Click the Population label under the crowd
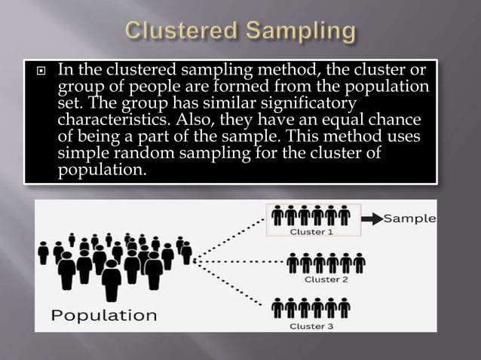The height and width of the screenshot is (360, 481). click(x=104, y=314)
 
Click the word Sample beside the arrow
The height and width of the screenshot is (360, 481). click(x=410, y=218)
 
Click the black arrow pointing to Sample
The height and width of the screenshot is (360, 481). click(x=372, y=219)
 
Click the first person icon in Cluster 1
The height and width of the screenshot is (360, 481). click(x=277, y=215)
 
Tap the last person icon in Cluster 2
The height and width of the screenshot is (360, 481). click(x=359, y=262)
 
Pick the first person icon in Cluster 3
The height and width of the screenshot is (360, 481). click(x=277, y=307)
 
